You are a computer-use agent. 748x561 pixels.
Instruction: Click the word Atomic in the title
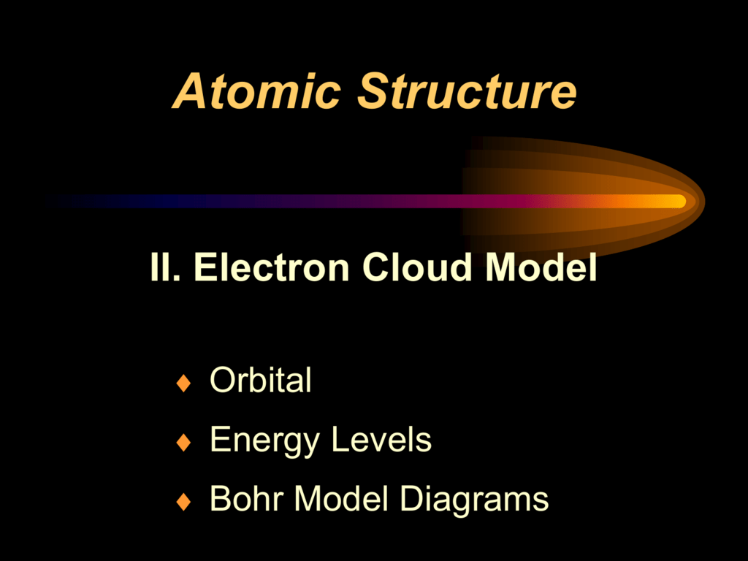(x=256, y=91)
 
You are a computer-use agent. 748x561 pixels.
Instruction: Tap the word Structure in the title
(x=467, y=91)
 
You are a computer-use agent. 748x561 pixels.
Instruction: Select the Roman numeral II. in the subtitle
(x=165, y=267)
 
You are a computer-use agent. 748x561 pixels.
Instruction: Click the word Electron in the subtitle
(x=272, y=267)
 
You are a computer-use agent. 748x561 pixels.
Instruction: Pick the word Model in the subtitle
(x=541, y=267)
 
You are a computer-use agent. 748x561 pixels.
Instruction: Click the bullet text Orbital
(x=261, y=380)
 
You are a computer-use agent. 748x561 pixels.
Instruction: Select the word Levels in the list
(x=381, y=439)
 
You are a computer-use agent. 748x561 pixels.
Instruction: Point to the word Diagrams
(x=474, y=500)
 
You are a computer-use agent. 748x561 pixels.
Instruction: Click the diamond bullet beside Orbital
(x=183, y=383)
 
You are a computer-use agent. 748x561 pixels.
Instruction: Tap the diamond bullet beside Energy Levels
(x=183, y=442)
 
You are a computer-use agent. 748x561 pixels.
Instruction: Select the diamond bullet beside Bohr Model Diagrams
(x=183, y=501)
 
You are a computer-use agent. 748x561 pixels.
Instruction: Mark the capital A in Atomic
(x=190, y=91)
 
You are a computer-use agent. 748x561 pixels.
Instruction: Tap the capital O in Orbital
(x=224, y=380)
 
